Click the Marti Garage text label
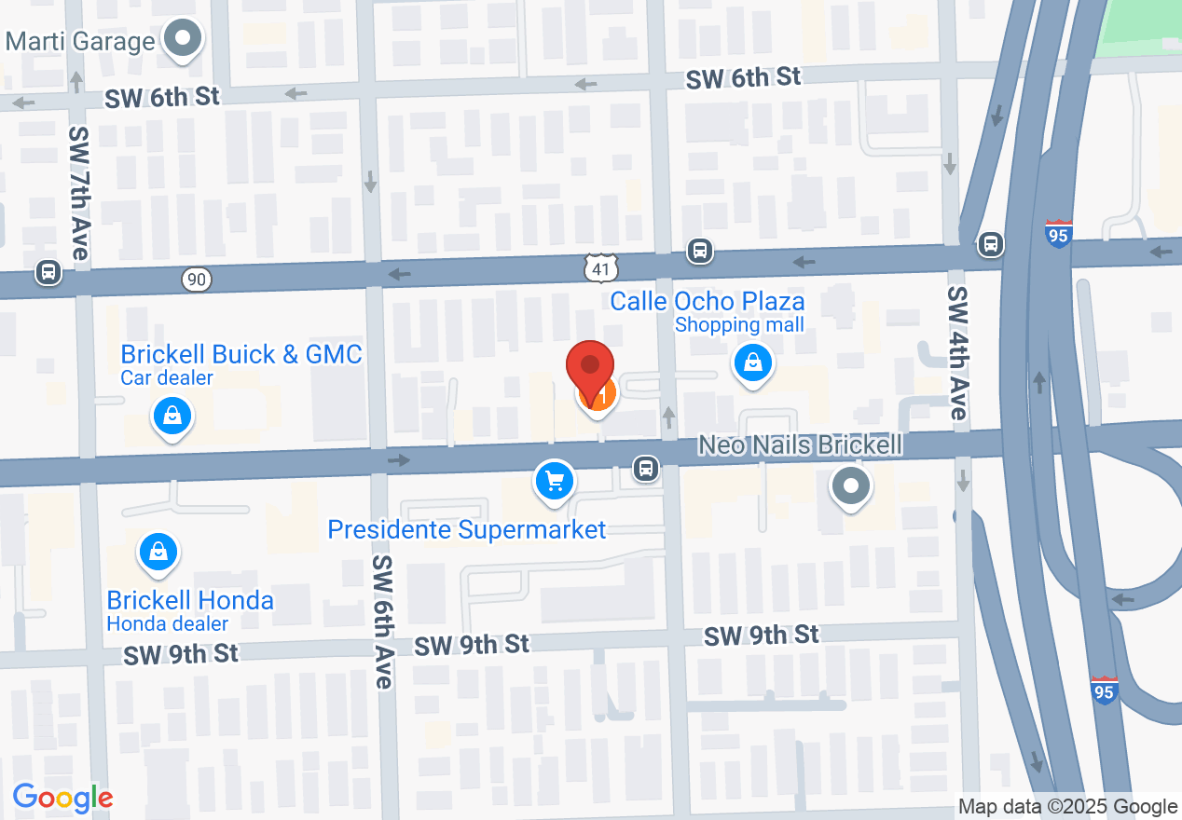coord(79,42)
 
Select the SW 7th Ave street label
coord(78,194)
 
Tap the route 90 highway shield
coord(197,278)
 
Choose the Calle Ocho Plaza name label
coord(707,302)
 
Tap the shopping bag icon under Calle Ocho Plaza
coord(751,362)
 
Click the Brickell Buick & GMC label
coord(241,355)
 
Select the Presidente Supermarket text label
coord(466,530)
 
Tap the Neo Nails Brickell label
coord(801,445)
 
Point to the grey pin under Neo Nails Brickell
coord(849,485)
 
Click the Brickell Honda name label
coord(190,600)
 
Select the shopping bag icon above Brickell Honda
coord(158,553)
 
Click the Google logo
coord(62,798)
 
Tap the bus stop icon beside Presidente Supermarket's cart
coord(644,468)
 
